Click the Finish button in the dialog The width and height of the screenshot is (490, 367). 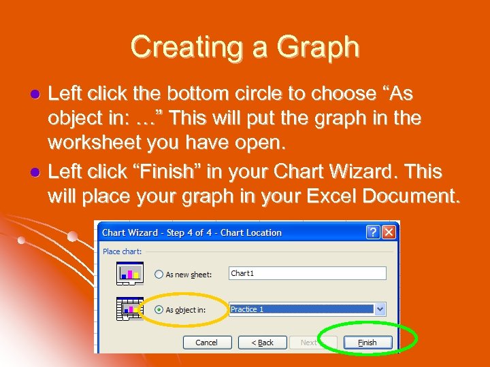pos(367,343)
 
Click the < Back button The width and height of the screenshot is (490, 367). pos(262,343)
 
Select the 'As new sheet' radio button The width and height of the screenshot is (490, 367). pos(159,275)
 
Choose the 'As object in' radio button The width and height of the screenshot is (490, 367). pos(159,310)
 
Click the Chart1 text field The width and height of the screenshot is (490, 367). pos(307,273)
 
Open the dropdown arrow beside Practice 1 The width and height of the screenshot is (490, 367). pos(380,309)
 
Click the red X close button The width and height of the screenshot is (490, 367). pos(389,232)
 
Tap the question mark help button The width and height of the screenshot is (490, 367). pos(373,232)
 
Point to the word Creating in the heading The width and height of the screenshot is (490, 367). pos(182,47)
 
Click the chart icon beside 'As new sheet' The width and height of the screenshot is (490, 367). pos(129,273)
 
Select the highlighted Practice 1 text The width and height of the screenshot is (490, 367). pos(248,309)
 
